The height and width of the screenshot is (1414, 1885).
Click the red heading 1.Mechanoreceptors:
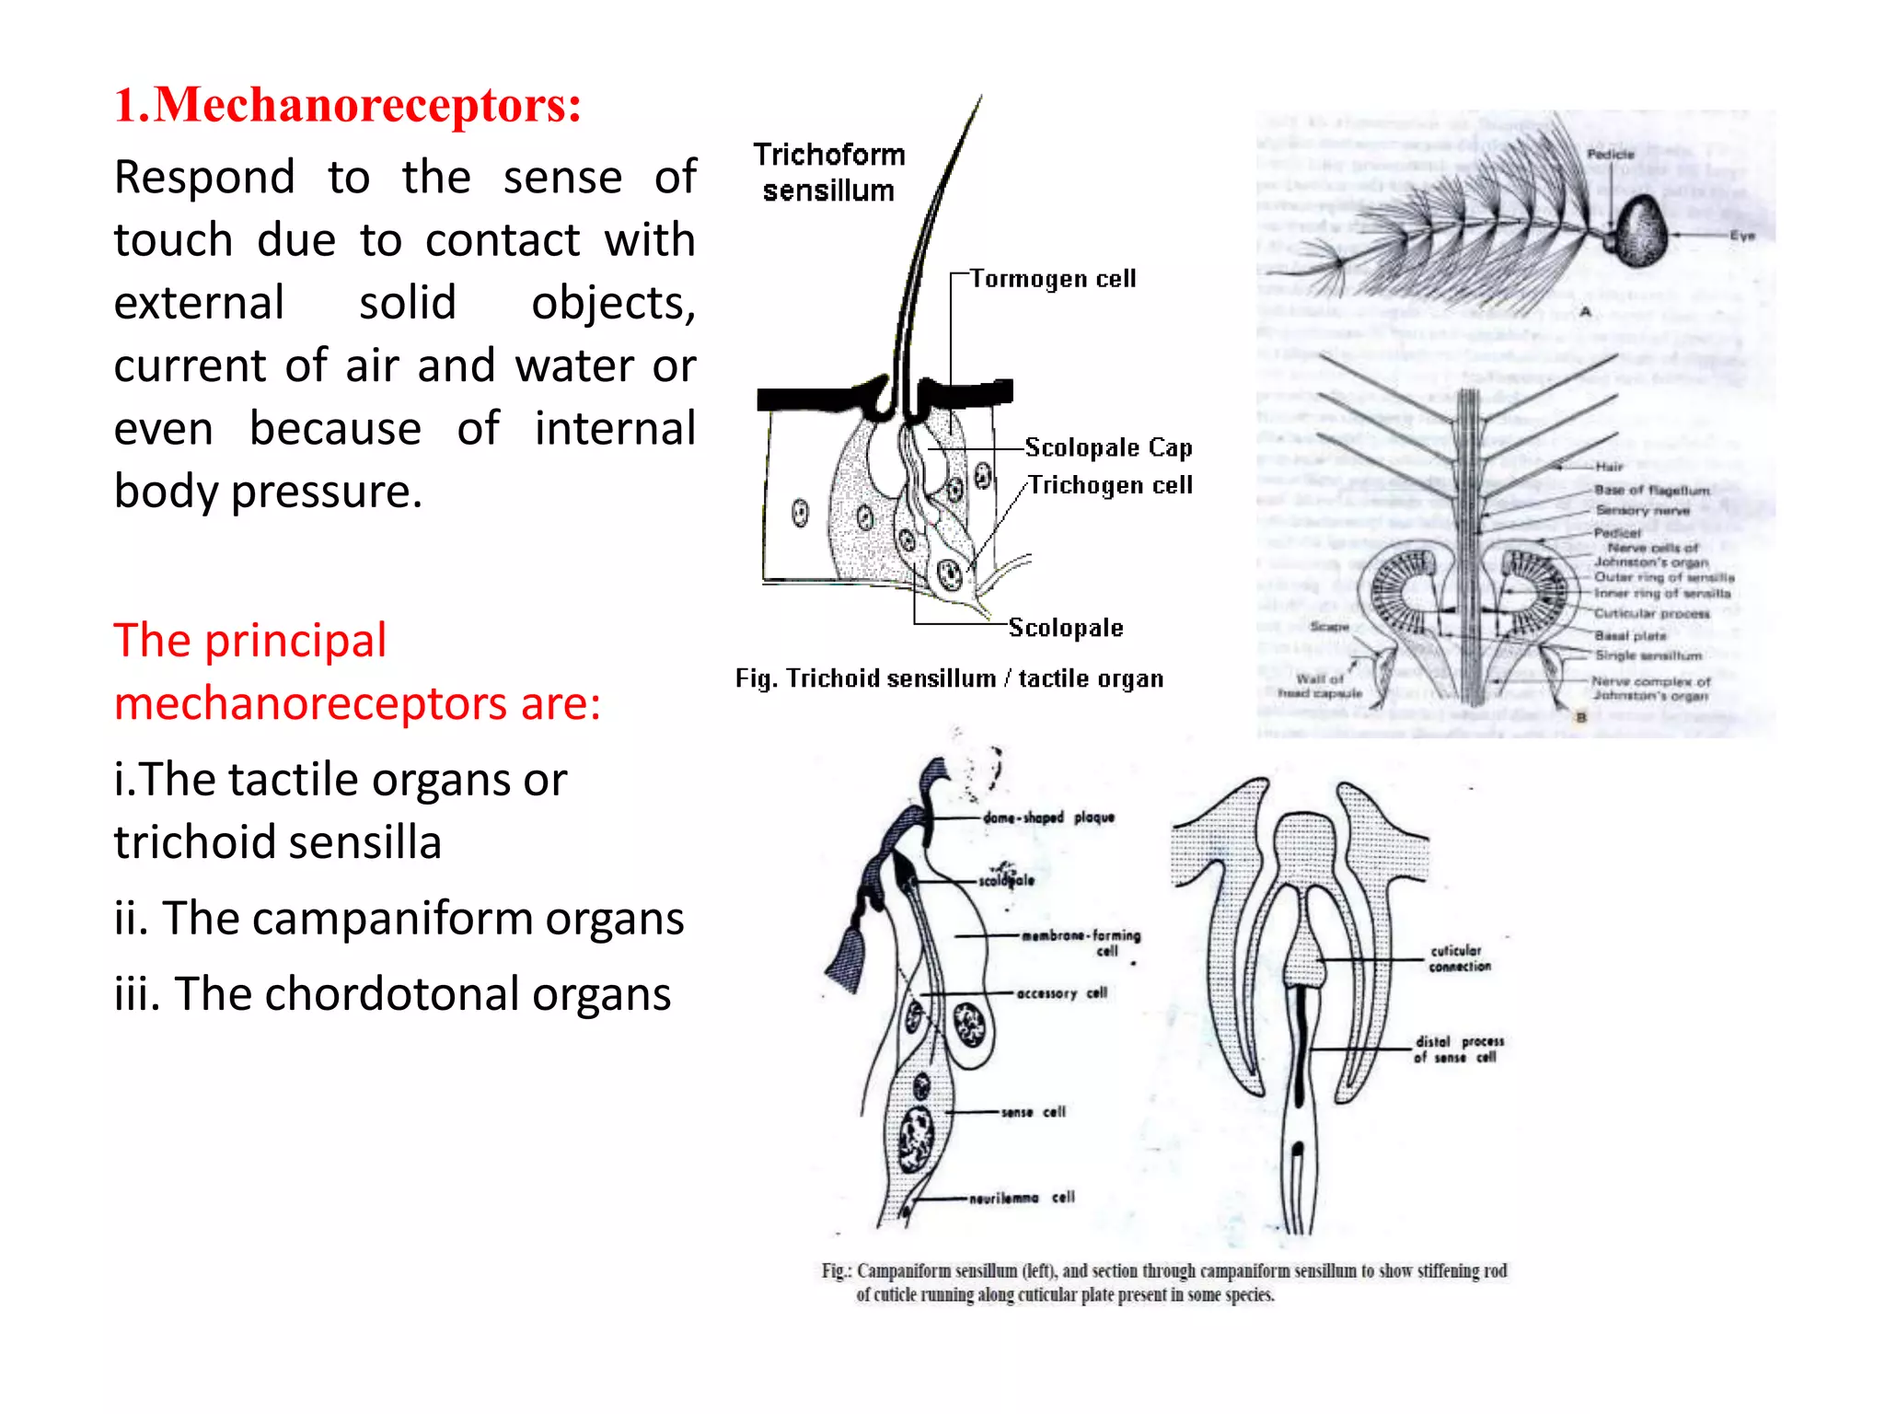pos(347,105)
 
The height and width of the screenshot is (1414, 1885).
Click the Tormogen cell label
pos(1052,278)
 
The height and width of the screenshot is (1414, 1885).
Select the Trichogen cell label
pos(1110,485)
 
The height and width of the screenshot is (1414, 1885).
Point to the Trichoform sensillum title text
pos(828,172)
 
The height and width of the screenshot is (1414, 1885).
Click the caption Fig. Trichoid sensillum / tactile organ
pos(949,678)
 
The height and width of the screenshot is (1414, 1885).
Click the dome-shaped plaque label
pos(1048,817)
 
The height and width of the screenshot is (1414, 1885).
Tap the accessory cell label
pos(1061,993)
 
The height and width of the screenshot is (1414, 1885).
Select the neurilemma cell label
pos(1022,1198)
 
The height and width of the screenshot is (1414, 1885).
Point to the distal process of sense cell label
pos(1459,1049)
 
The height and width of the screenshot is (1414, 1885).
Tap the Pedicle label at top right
pos(1610,154)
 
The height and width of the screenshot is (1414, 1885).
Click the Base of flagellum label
pos(1651,490)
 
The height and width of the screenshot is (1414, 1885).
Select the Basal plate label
pos(1630,635)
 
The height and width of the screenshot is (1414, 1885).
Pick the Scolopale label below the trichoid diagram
pos(1066,628)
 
